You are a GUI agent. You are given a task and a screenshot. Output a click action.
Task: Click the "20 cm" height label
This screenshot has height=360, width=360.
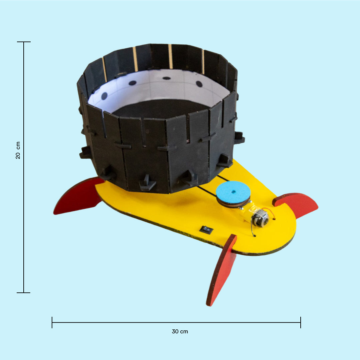pos(18,150)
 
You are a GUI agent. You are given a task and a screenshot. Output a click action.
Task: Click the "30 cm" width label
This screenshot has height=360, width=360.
pos(180,332)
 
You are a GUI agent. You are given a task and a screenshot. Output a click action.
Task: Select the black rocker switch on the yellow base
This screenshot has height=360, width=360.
pos(206,229)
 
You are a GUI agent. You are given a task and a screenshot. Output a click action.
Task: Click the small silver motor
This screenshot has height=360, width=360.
pos(260,218)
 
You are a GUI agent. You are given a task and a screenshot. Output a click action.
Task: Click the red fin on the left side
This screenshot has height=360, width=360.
pos(78,196)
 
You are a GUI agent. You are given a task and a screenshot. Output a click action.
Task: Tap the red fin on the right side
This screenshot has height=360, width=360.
pos(296,204)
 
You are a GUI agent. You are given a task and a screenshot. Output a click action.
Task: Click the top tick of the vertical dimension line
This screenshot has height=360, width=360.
pos(24,42)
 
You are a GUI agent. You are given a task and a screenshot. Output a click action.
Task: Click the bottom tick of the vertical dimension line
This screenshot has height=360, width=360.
pos(23,293)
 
